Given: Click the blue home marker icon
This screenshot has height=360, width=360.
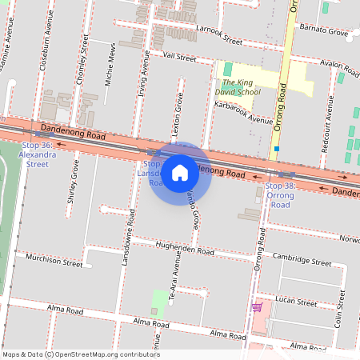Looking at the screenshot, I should (x=180, y=171).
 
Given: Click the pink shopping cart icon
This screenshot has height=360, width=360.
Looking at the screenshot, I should (x=257, y=306).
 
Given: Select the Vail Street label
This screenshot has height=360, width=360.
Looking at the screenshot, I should (x=179, y=58).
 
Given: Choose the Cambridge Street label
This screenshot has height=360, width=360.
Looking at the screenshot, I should (x=302, y=260).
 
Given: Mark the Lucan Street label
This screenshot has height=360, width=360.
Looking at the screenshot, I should (x=295, y=302).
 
